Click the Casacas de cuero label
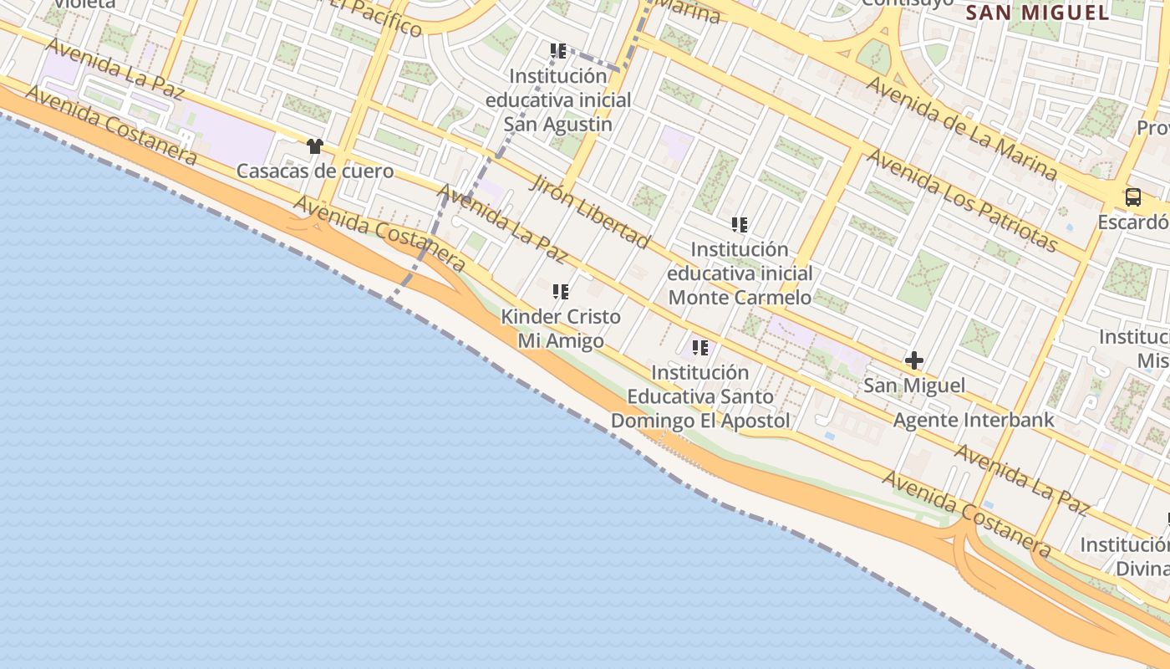[x=315, y=171]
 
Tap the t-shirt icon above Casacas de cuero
[x=314, y=146]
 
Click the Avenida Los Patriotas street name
[x=962, y=200]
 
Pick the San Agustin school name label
[x=558, y=100]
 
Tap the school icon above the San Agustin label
[x=558, y=51]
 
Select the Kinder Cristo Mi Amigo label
[x=561, y=329]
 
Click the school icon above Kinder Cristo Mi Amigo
[x=560, y=292]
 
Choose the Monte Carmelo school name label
[x=740, y=273]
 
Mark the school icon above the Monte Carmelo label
[x=740, y=224]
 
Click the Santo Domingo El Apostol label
[x=700, y=396]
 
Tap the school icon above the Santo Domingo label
[x=700, y=347]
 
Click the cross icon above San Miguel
[x=914, y=361]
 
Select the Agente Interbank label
[x=974, y=420]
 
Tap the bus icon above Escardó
[x=1132, y=197]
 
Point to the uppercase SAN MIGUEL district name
[x=1038, y=13]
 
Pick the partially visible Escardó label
[x=1133, y=222]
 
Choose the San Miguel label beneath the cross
[x=914, y=386]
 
